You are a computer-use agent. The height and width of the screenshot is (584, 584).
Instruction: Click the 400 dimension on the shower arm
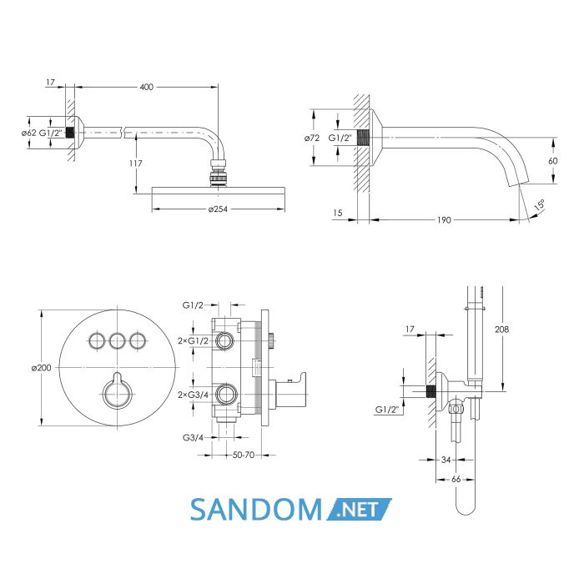pos(146,87)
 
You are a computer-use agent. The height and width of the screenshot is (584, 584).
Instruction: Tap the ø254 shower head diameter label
pos(218,209)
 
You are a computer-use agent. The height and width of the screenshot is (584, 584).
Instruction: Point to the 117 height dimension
pos(136,164)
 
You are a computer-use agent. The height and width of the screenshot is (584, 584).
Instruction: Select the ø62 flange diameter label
pos(28,133)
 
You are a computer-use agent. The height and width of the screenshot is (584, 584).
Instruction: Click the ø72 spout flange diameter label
pos(312,138)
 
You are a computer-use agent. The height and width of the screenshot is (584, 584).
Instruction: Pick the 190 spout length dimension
pos(444,219)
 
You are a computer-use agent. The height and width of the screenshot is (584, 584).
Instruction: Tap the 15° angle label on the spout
pos(539,205)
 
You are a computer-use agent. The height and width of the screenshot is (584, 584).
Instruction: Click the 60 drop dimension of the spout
pos(552,160)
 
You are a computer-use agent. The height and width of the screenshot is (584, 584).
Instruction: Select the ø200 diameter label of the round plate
pos(42,368)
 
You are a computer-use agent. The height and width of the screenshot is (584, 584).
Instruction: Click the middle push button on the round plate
pos(118,340)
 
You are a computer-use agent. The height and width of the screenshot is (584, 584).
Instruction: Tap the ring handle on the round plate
pos(117,395)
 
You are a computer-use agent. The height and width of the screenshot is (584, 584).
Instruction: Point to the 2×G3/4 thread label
pos(194,395)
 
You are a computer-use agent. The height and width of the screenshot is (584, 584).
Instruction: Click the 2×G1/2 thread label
pos(194,340)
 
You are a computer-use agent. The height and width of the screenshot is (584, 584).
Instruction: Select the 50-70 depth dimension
pos(244,455)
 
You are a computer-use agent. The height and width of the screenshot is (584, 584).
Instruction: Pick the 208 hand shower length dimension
pos(501,330)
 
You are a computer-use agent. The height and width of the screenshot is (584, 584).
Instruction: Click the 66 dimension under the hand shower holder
pos(456,480)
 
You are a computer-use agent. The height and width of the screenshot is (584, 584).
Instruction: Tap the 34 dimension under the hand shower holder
pos(446,460)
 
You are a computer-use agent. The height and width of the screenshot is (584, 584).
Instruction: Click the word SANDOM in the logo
pos(256,510)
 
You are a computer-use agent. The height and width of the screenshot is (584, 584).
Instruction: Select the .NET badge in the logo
pos(359,509)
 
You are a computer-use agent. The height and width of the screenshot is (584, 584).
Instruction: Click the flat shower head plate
pos(219,190)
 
